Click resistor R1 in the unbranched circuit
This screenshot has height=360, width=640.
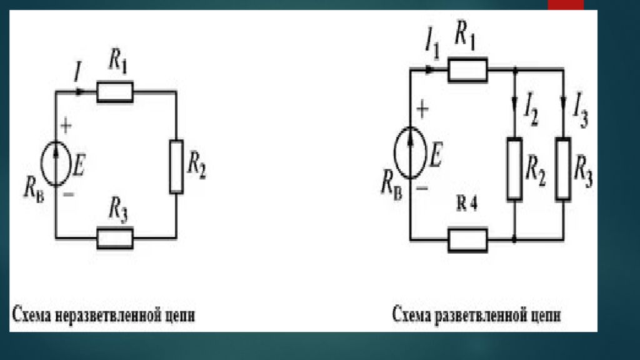[x=115, y=92]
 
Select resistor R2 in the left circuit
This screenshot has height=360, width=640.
[x=177, y=166]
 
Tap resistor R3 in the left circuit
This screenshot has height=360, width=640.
[x=115, y=238]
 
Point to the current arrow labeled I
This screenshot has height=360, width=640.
[x=79, y=92]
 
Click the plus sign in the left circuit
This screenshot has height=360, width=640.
[x=66, y=126]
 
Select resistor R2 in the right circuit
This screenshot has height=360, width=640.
[x=514, y=169]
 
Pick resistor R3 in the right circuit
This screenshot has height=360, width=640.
[x=564, y=169]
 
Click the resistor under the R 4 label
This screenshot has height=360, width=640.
[x=467, y=239]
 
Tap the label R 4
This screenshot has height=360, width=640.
[x=466, y=205]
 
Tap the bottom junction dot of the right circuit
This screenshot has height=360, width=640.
[x=514, y=239]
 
